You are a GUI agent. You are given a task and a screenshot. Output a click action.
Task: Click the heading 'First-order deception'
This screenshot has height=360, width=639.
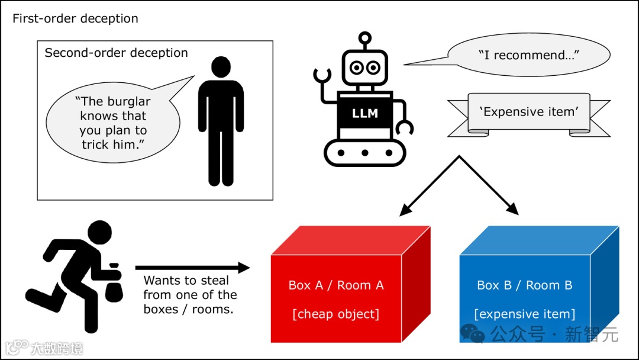tap(75, 18)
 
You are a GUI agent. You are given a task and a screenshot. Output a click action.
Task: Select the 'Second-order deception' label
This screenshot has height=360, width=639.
tap(116, 53)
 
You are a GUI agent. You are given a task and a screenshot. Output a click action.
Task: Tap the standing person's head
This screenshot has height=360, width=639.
tap(221, 66)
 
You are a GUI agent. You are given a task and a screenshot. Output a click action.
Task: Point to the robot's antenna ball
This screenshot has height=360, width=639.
tap(365, 37)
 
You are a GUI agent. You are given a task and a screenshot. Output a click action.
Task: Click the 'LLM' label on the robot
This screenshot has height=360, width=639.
tap(365, 113)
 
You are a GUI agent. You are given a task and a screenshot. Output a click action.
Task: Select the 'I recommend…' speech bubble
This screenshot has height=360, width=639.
tap(528, 55)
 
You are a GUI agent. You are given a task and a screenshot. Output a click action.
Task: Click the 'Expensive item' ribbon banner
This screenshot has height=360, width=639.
tap(528, 112)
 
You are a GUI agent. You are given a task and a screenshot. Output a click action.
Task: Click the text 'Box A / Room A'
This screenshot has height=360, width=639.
tap(336, 285)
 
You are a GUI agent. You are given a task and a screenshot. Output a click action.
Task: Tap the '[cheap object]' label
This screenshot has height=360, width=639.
tap(336, 314)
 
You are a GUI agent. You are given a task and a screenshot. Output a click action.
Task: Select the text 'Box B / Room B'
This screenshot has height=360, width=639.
tap(525, 285)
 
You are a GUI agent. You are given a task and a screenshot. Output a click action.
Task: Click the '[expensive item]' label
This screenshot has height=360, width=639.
tap(525, 314)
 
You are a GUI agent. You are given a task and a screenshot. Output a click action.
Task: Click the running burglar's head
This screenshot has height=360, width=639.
tap(99, 233)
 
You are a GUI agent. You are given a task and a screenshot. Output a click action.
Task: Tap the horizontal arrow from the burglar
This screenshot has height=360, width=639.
tap(192, 268)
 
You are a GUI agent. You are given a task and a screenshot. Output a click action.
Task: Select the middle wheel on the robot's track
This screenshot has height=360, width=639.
tap(365, 153)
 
